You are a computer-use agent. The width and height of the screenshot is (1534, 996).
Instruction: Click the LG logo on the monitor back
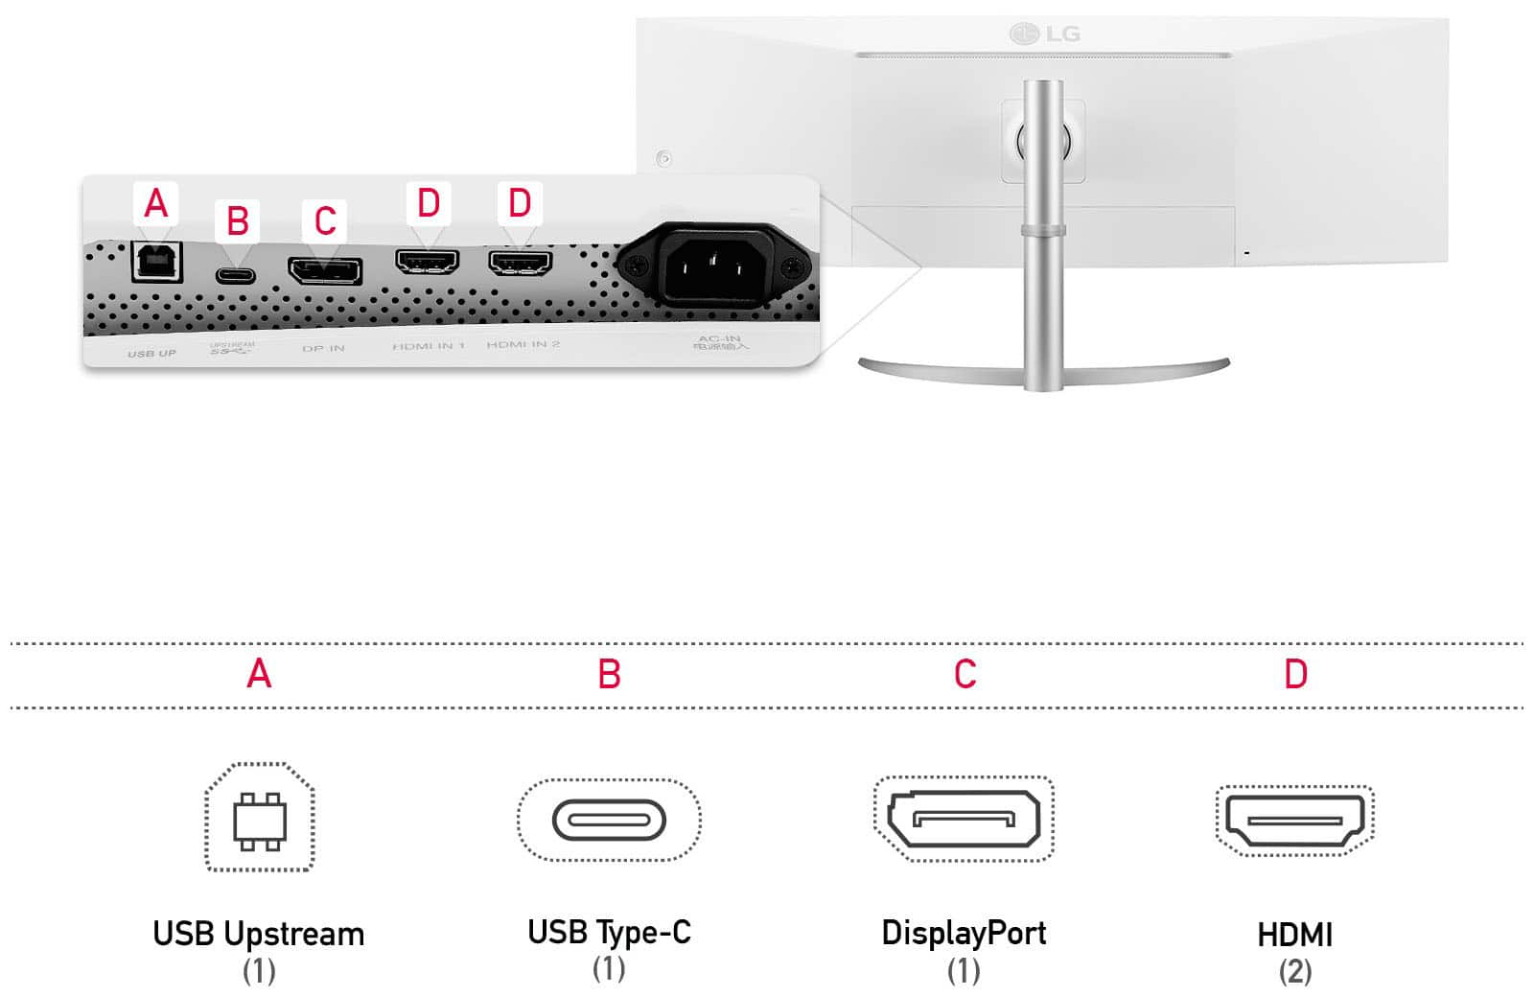[1045, 35]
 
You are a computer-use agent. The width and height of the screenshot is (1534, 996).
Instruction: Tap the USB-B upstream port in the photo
[156, 261]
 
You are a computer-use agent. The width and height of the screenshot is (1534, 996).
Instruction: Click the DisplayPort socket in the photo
[325, 271]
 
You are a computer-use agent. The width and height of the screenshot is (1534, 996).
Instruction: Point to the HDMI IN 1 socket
[428, 261]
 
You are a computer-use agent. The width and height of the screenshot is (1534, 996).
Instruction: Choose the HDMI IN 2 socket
[521, 261]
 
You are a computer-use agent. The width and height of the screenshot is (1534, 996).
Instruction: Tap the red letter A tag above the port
[156, 204]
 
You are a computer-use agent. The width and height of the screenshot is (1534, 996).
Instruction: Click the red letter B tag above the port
[238, 221]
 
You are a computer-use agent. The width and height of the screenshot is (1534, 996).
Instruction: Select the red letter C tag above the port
[325, 221]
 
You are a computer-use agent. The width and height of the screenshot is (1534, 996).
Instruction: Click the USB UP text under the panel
[151, 354]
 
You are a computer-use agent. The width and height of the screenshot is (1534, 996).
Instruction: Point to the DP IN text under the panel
[323, 348]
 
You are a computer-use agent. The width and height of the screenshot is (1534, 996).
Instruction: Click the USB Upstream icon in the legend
[260, 818]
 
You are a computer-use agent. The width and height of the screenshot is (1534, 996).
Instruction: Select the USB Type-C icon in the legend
[609, 820]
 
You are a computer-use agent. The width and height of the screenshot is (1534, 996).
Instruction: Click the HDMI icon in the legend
[1294, 820]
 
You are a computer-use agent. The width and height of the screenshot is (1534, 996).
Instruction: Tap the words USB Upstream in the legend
[259, 934]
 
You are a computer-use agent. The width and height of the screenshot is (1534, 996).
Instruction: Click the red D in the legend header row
[1295, 675]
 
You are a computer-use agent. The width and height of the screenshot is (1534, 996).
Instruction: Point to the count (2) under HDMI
[1294, 971]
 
